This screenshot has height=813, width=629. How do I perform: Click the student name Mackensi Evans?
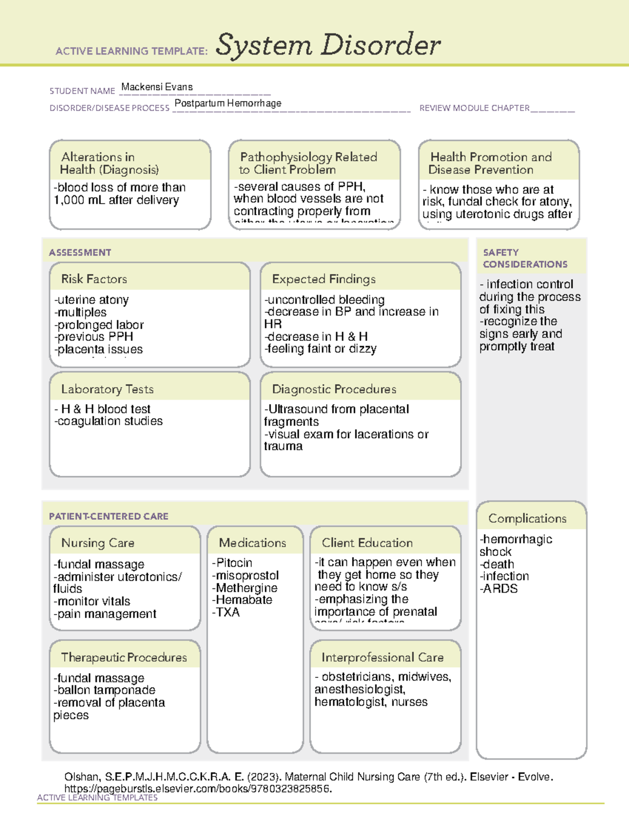(x=157, y=87)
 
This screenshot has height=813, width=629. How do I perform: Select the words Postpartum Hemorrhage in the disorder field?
(x=227, y=103)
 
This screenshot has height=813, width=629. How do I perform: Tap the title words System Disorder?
(x=328, y=45)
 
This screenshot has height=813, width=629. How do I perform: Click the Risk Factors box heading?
(x=94, y=279)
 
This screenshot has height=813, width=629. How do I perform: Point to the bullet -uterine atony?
(x=91, y=300)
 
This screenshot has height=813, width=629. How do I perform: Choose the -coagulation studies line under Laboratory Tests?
(x=109, y=421)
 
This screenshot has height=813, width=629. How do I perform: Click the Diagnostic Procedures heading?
(x=334, y=389)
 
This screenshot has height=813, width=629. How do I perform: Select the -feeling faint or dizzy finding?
(x=320, y=349)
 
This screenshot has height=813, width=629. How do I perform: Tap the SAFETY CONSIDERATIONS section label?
(x=525, y=258)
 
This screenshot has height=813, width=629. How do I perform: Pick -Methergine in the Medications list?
(x=244, y=588)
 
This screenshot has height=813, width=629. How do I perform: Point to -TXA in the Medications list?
(x=226, y=612)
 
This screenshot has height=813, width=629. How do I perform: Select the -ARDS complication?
(x=498, y=588)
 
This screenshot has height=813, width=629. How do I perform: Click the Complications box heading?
(x=527, y=518)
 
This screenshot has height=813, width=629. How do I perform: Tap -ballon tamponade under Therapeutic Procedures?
(x=104, y=690)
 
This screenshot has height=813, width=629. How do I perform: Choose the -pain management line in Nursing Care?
(x=105, y=614)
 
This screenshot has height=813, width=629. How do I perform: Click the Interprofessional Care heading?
(x=382, y=657)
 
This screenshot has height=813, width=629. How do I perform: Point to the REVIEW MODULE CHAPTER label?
(x=474, y=108)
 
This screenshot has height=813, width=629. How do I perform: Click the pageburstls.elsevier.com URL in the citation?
(x=198, y=788)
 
